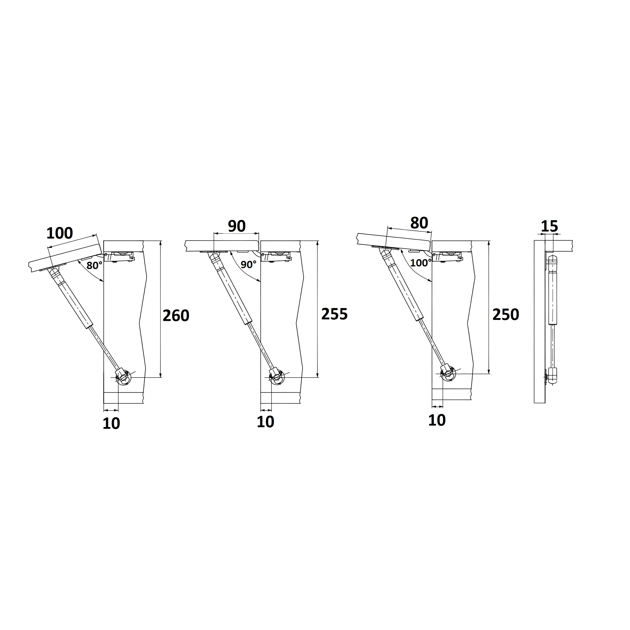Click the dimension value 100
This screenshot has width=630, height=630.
pyautogui.click(x=60, y=234)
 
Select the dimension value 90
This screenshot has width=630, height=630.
pyautogui.click(x=237, y=226)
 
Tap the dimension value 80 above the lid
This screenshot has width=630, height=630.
pyautogui.click(x=419, y=223)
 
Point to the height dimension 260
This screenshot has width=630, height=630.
pyautogui.click(x=176, y=316)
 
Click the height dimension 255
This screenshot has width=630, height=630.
pyautogui.click(x=335, y=314)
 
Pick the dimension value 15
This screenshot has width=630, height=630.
pyautogui.click(x=550, y=226)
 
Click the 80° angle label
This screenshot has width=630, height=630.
pyautogui.click(x=94, y=266)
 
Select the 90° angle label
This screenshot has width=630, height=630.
pyautogui.click(x=249, y=265)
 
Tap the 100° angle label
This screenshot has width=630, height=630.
pyautogui.click(x=421, y=263)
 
